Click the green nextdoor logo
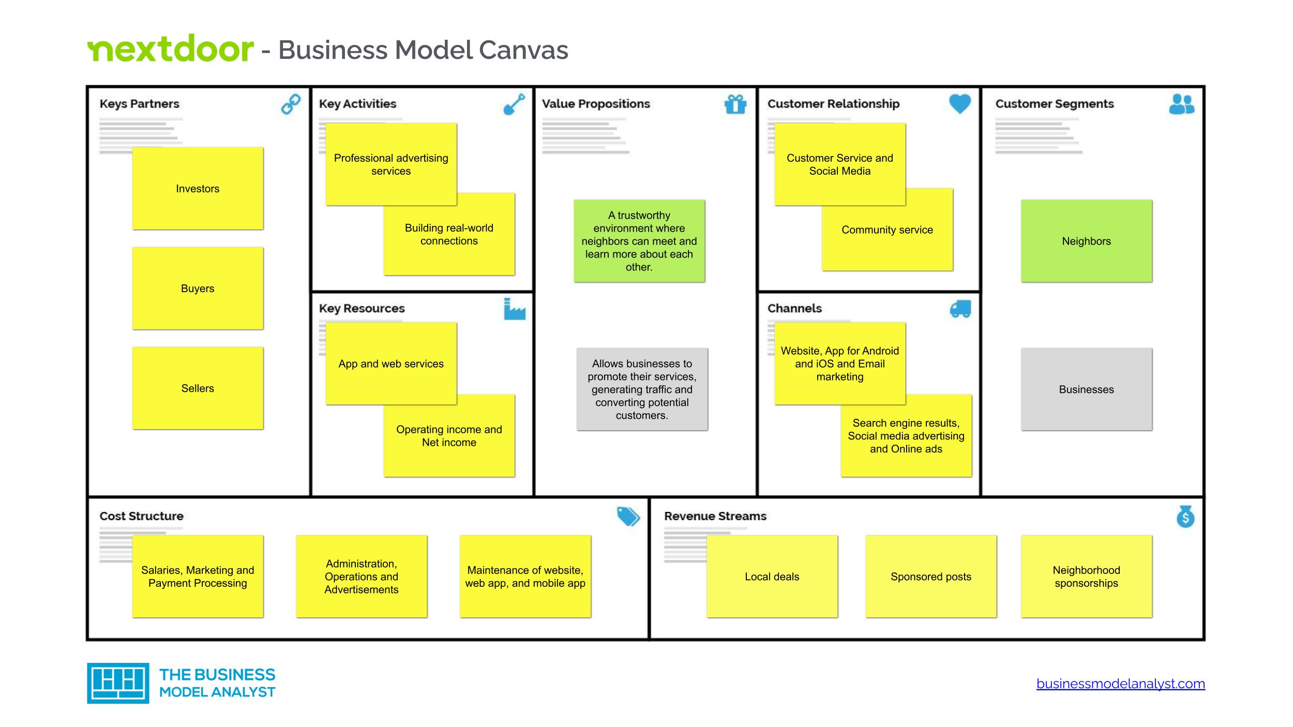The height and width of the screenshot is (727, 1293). (x=170, y=49)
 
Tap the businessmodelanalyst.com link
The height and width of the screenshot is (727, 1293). (x=1120, y=684)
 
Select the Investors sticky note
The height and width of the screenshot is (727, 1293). (x=198, y=189)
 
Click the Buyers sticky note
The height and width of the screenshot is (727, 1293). (x=198, y=289)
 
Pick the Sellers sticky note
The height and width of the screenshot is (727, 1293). (x=198, y=388)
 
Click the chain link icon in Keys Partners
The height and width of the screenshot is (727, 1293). (x=291, y=104)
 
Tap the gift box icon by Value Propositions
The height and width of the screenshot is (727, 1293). (x=735, y=104)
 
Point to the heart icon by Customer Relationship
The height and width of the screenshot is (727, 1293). (x=959, y=104)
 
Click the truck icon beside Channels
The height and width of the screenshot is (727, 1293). (x=960, y=309)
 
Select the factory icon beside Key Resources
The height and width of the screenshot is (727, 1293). (x=514, y=309)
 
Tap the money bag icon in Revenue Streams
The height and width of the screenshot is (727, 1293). (x=1185, y=517)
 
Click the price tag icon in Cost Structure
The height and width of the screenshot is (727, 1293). (x=628, y=516)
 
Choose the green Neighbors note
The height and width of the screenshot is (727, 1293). (x=1086, y=241)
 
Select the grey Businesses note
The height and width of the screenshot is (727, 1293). (x=1086, y=389)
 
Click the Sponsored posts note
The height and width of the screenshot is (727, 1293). (x=930, y=577)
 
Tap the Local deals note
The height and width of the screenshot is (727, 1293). (x=772, y=577)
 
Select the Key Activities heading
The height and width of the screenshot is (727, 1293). (x=357, y=104)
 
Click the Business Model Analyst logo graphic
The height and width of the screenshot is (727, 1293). (x=118, y=683)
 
